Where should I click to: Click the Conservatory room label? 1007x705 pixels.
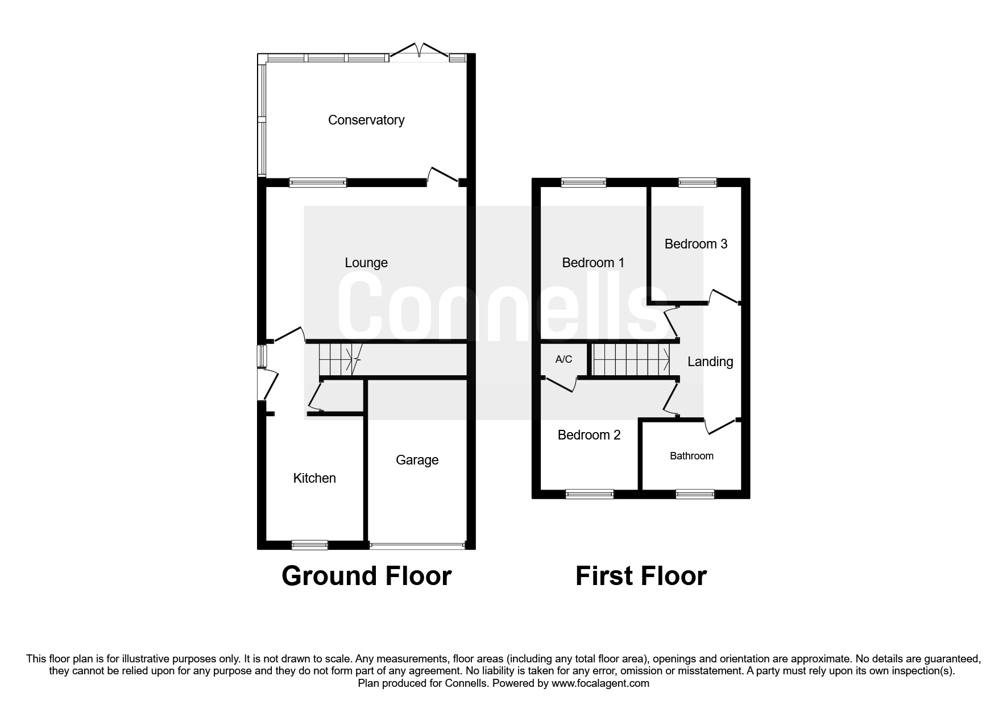click(x=366, y=120)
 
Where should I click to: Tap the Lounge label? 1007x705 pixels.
click(x=366, y=263)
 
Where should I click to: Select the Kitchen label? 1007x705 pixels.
click(x=314, y=478)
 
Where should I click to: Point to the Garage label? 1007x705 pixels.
click(x=417, y=460)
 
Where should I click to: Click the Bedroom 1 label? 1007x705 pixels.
click(x=593, y=263)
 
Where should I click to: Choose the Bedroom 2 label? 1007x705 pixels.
click(x=589, y=435)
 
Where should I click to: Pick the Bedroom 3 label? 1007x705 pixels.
click(x=696, y=244)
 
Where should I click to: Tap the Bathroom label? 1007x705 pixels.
click(x=691, y=456)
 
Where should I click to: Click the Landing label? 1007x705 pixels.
click(x=710, y=362)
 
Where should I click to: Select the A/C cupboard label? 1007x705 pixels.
click(x=563, y=359)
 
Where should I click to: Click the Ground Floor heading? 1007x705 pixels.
click(x=367, y=576)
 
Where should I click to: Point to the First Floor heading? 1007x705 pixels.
click(x=641, y=576)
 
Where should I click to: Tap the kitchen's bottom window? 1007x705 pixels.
click(x=310, y=545)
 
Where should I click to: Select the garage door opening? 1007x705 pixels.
click(x=417, y=545)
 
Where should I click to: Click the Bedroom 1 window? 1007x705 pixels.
click(x=583, y=183)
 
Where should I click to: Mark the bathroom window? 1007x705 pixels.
click(x=694, y=494)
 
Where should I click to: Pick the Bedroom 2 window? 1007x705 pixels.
click(x=590, y=494)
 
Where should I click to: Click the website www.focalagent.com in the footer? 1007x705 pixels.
click(x=600, y=683)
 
